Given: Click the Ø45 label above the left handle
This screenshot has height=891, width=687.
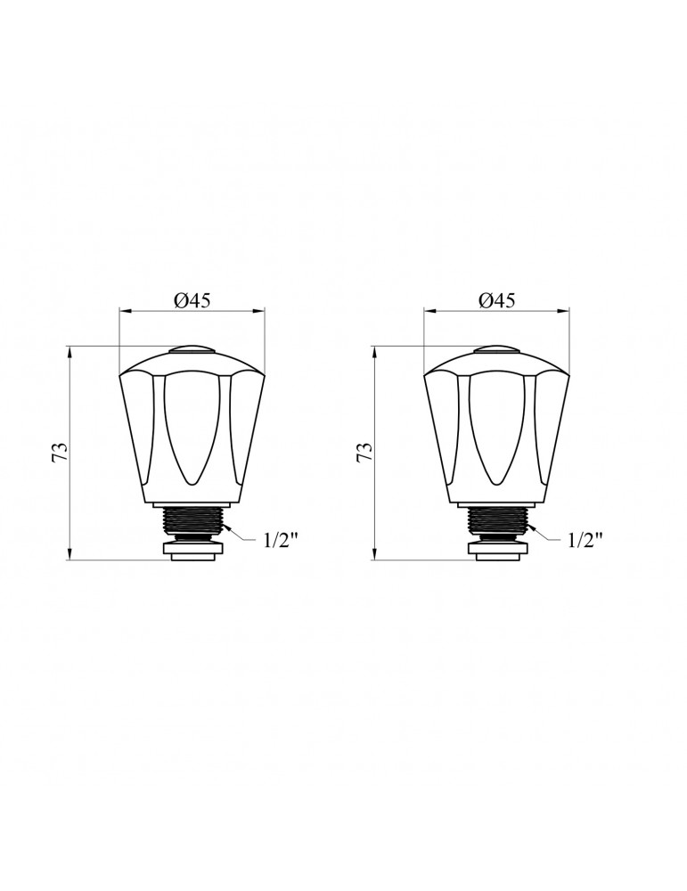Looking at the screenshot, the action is (x=192, y=300).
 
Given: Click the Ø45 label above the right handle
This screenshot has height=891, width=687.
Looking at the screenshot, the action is (x=496, y=300).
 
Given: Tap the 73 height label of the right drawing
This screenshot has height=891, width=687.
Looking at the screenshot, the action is (x=364, y=453).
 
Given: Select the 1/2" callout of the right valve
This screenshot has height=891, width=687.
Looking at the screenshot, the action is (x=585, y=540).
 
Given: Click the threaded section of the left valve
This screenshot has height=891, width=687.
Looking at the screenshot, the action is (x=193, y=520).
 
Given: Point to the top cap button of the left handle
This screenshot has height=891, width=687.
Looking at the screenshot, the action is (x=193, y=350).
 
